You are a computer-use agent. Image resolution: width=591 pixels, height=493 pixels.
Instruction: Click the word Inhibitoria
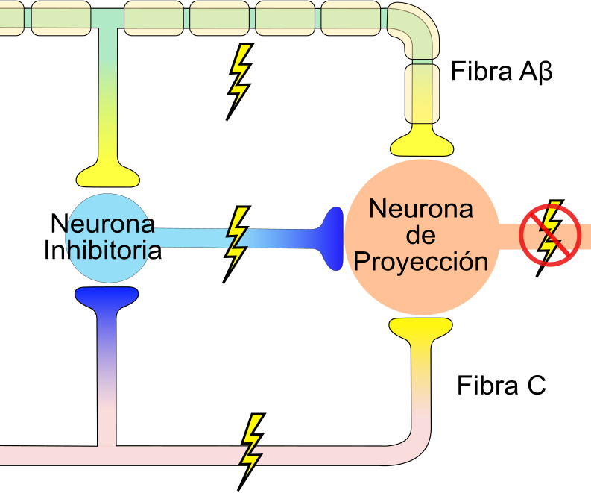click(103, 249)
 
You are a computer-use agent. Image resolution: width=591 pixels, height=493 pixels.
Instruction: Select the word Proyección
click(421, 262)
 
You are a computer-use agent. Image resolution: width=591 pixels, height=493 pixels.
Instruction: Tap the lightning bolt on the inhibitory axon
click(237, 242)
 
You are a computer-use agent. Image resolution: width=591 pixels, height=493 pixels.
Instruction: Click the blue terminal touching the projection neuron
click(331, 238)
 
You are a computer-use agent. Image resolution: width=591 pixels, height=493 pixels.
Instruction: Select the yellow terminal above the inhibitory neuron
click(108, 173)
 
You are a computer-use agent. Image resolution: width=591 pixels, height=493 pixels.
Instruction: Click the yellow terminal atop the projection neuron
click(420, 141)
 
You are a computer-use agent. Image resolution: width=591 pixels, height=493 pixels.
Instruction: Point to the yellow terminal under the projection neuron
click(420, 327)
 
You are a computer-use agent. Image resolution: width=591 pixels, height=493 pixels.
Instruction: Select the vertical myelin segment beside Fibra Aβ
click(423, 93)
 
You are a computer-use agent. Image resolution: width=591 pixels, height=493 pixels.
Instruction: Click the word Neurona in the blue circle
click(103, 223)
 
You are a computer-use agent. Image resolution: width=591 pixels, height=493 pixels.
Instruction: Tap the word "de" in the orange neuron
click(421, 236)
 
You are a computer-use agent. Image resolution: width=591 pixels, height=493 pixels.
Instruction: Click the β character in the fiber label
click(545, 73)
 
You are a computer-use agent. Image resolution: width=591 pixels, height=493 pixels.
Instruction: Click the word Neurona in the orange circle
click(421, 210)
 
